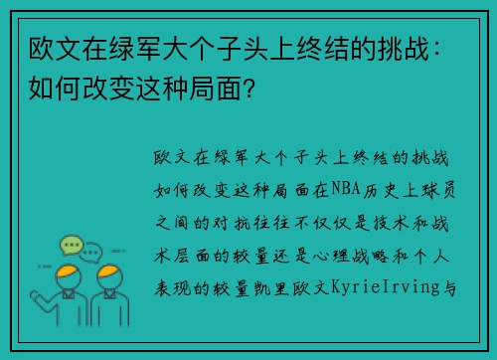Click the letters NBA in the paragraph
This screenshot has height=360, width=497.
coord(346,189)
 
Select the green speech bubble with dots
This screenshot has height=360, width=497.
coord(71,245)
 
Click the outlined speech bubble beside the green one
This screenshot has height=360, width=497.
coord(91,253)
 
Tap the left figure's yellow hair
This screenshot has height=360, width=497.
coord(68,270)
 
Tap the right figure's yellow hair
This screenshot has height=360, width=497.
coord(109,270)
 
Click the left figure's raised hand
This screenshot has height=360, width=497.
coord(35,295)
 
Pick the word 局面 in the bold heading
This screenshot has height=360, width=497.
coord(216,88)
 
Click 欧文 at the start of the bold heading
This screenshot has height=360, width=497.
coord(55,49)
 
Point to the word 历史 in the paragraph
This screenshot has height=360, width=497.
coord(381,190)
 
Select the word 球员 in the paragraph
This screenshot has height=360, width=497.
coord(438,190)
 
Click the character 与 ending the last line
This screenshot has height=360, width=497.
coord(449,288)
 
